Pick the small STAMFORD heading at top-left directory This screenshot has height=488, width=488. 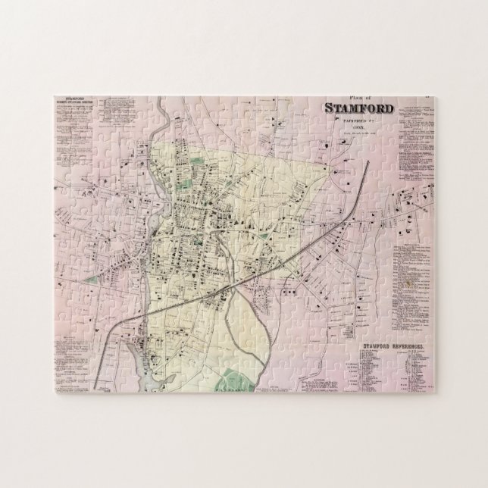[74, 99]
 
